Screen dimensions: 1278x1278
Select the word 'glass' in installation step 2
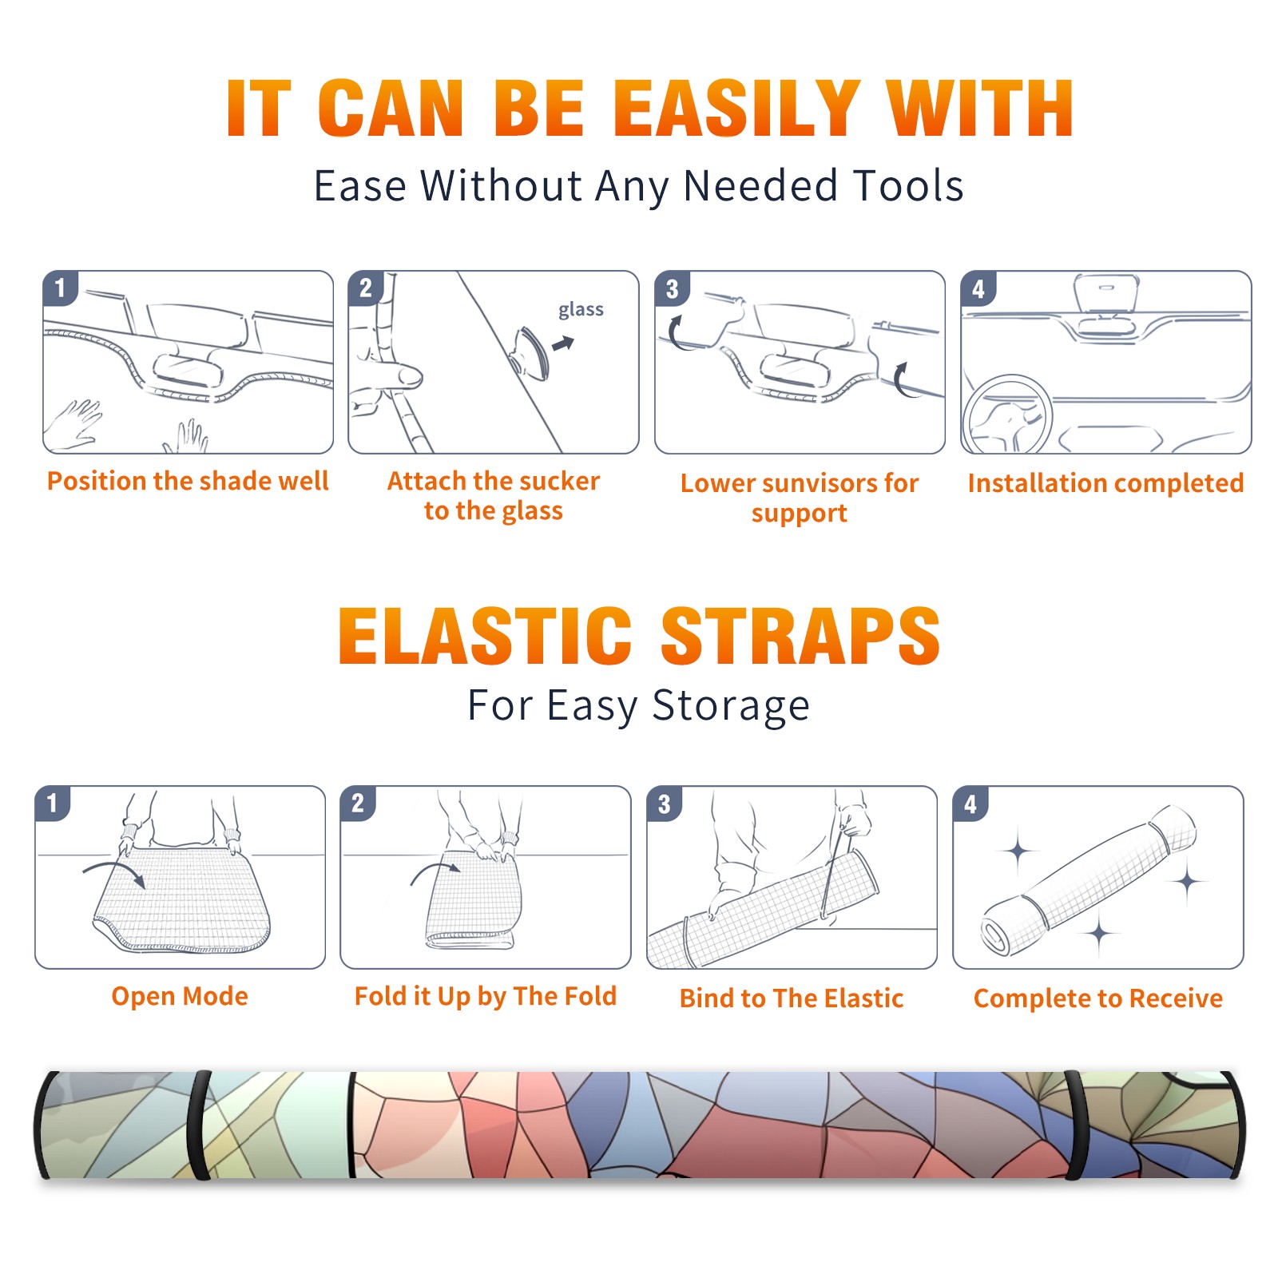581,310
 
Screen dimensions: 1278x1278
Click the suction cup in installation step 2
530,352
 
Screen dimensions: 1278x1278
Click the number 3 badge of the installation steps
672,288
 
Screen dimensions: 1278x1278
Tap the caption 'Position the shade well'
188,481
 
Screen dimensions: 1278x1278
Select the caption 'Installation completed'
1105,482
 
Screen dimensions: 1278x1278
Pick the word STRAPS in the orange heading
800,636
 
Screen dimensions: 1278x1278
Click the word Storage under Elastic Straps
731,706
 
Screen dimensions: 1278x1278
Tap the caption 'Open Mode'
180,996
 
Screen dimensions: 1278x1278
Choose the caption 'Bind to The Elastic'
792,998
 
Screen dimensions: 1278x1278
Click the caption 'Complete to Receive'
1098,998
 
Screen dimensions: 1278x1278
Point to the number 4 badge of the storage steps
970,804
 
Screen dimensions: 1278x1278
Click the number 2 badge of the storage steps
358,803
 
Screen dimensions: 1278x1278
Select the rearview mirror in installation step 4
1106,293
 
